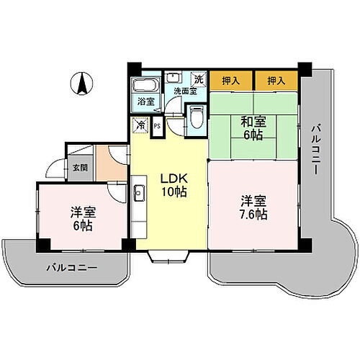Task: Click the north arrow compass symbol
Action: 82,84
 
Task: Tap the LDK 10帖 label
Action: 170,184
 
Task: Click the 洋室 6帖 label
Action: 83,218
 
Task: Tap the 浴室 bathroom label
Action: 145,101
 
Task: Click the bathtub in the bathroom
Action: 145,83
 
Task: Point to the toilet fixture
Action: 195,117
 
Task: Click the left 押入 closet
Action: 230,81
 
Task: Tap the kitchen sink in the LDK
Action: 139,192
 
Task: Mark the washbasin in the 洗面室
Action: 173,79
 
